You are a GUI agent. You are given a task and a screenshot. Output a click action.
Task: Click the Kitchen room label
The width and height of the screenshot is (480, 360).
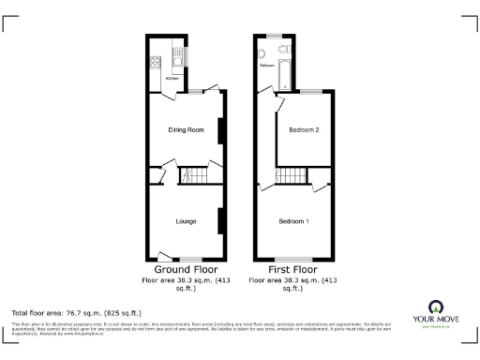(x=172, y=79)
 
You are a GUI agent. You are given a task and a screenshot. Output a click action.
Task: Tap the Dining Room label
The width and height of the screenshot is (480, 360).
(x=185, y=129)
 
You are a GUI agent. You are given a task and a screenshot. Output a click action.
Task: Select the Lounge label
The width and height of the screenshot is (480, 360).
(x=185, y=221)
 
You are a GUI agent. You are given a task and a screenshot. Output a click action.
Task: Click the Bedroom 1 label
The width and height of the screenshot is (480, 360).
(x=293, y=221)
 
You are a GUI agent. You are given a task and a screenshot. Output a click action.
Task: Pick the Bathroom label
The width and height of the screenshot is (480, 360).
(x=267, y=66)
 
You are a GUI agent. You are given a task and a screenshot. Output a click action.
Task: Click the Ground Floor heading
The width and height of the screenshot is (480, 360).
(x=186, y=269)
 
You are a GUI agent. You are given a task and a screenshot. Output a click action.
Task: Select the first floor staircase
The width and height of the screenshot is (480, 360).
(x=293, y=175)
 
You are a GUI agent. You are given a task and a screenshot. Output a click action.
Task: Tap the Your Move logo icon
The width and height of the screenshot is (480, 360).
(x=434, y=307)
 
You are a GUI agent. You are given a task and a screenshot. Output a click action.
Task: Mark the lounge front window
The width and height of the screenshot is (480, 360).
(x=192, y=259)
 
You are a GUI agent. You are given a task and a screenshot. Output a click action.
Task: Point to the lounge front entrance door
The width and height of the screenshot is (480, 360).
(x=165, y=254)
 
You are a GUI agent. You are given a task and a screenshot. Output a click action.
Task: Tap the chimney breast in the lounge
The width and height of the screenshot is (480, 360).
(x=220, y=221)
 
